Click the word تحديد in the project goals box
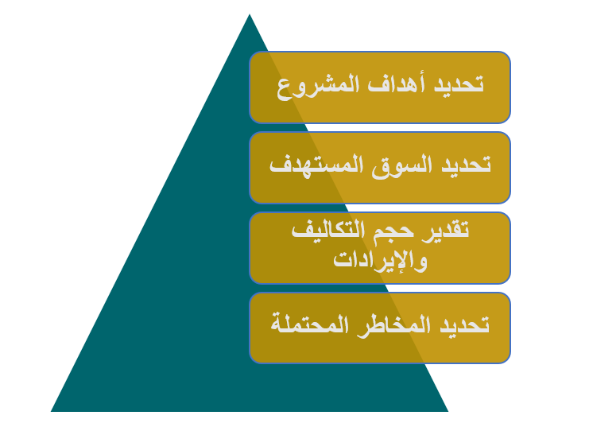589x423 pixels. [459, 83]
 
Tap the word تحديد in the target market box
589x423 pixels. [466, 164]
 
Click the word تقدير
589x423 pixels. [445, 230]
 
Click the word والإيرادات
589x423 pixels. [380, 260]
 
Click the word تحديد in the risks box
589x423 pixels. [464, 324]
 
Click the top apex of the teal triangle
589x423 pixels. [250, 14]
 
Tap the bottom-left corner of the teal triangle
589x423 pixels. [51, 411]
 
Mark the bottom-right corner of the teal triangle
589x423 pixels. [448, 411]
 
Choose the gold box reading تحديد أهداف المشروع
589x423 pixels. [380, 87]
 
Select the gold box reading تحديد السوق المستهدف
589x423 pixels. [380, 168]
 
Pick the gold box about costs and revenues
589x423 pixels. [380, 248]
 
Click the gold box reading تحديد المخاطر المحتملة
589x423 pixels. [380, 328]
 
